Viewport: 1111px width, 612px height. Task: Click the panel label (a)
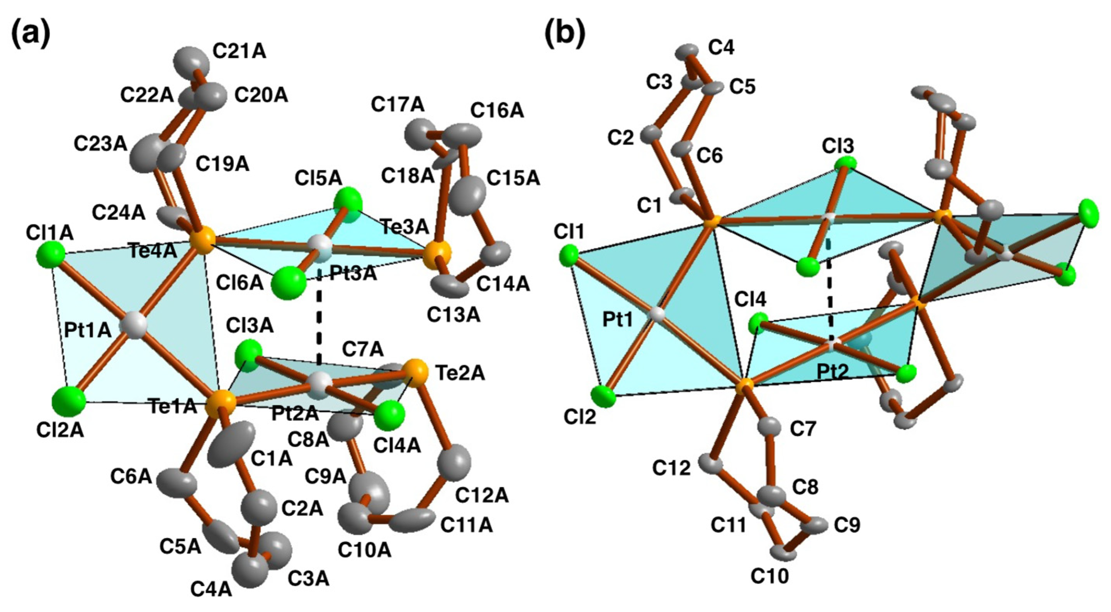tap(30, 34)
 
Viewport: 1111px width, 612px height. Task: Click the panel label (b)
tap(565, 34)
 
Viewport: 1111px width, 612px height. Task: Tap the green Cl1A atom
tap(51, 256)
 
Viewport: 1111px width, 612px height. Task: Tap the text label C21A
tap(240, 52)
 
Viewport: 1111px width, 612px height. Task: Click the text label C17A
tap(398, 105)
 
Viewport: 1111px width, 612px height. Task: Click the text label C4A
tap(211, 590)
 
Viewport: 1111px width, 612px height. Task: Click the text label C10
tap(770, 576)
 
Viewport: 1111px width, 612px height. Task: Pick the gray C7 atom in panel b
tap(769, 427)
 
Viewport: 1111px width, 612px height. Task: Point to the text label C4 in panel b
tap(722, 48)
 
